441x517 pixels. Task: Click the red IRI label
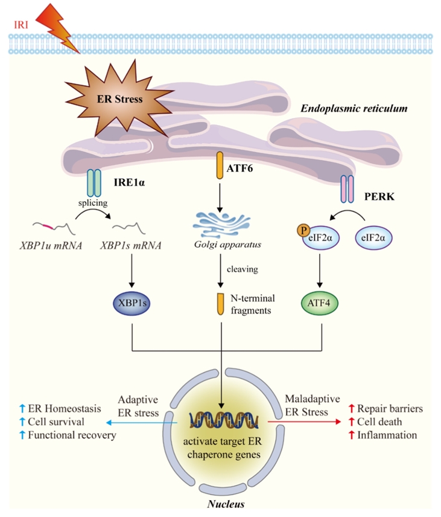[x=21, y=25]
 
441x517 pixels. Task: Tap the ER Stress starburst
[x=119, y=98]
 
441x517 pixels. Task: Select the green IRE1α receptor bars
[x=94, y=182]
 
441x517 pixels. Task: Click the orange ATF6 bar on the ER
[x=220, y=165]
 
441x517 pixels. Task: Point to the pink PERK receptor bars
[x=347, y=188]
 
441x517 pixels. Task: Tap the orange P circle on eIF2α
[x=303, y=230]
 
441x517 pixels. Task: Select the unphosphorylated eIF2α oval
[x=373, y=237]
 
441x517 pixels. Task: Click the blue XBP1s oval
[x=132, y=303]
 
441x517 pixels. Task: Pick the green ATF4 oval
[x=320, y=303]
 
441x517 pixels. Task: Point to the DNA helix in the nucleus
[x=224, y=420]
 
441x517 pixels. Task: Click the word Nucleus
[x=226, y=504]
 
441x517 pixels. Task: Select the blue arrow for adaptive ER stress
[x=142, y=422]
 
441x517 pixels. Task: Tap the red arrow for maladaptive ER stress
[x=304, y=422]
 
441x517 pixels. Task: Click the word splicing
[x=93, y=202]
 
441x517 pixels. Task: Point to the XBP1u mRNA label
[x=51, y=246]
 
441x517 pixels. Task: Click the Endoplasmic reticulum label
[x=354, y=109]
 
